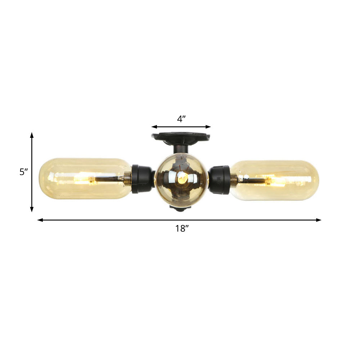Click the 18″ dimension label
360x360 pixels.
pyautogui.click(x=182, y=228)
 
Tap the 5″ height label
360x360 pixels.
pyautogui.click(x=24, y=172)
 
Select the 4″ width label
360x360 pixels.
pyautogui.click(x=181, y=119)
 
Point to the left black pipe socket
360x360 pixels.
pyautogui.click(x=141, y=179)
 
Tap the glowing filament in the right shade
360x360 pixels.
pyautogui.click(x=275, y=180)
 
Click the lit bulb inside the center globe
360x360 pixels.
pyautogui.click(x=182, y=177)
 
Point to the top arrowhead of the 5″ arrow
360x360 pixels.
pyautogui.click(x=32, y=135)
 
